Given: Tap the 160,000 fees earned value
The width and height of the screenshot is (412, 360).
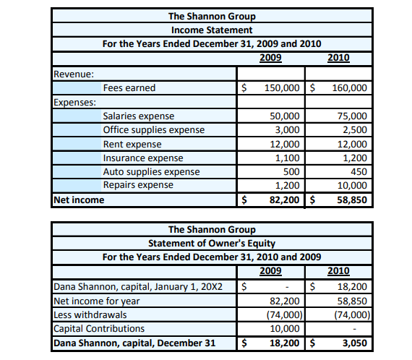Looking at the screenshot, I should (x=350, y=88).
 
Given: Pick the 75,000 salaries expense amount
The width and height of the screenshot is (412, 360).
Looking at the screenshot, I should (x=354, y=116).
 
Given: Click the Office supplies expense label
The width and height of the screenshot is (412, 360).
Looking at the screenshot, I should (x=153, y=130).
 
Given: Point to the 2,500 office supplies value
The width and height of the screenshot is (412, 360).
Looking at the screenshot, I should (x=356, y=130).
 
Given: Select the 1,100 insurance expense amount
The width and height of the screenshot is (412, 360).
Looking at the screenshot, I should (x=288, y=158).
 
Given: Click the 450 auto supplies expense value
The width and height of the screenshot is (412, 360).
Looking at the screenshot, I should (x=359, y=171).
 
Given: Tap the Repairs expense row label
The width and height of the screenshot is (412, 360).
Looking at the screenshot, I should (x=138, y=185).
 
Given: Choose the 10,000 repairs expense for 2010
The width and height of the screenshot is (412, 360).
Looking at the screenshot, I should (x=354, y=185).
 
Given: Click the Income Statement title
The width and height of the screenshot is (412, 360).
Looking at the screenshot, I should (x=211, y=30).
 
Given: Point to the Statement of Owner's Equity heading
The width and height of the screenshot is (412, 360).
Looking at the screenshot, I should (x=211, y=243).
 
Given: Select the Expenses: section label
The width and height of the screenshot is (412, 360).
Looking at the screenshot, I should (x=74, y=102).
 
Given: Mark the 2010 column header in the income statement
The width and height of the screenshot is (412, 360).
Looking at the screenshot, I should (x=338, y=57).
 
